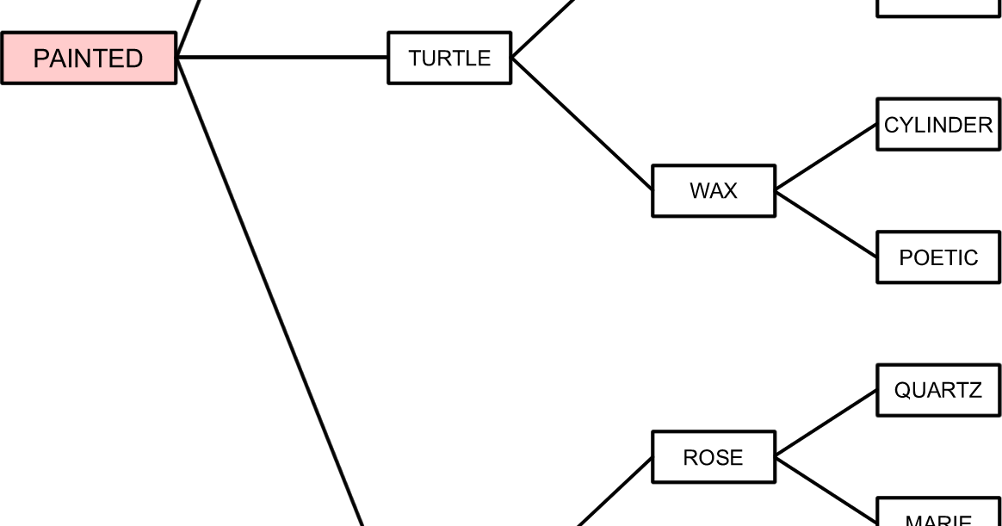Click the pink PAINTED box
coord(89,59)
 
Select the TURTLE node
coord(449,59)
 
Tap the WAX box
coord(713,191)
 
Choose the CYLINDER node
coord(937,125)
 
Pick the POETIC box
coord(937,257)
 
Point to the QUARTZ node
coord(937,390)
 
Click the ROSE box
coord(713,457)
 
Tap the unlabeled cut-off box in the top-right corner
coord(937,8)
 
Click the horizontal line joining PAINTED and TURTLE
coord(282,58)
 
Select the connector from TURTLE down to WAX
coord(582,124)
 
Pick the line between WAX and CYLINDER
coord(826,158)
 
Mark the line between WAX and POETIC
coord(826,224)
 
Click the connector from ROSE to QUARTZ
coord(826,424)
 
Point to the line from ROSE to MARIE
coord(826,489)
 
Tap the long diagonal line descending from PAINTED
coord(269,293)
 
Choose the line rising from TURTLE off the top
coord(542,28)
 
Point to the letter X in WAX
coord(729,191)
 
